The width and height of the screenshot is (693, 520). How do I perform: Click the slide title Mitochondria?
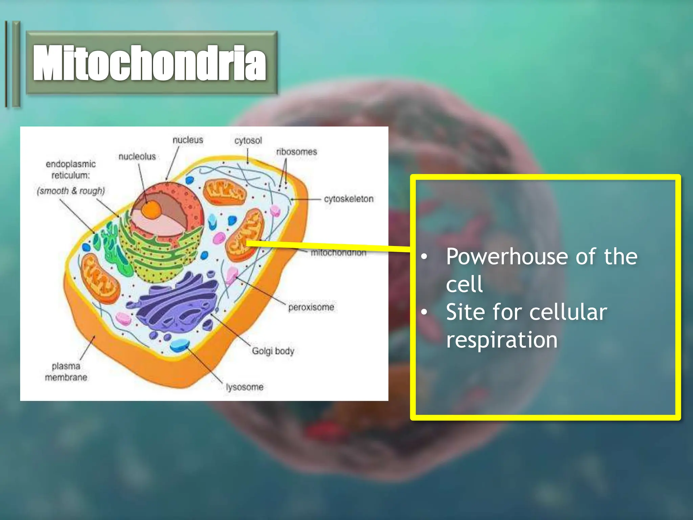click(150, 63)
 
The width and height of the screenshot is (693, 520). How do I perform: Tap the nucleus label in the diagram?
click(188, 140)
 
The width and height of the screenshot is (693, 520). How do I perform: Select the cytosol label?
click(248, 140)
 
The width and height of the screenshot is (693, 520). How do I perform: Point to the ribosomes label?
click(296, 152)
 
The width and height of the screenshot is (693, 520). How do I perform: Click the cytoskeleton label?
click(349, 199)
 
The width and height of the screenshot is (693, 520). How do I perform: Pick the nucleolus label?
click(137, 156)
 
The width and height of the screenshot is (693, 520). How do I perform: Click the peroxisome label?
click(311, 307)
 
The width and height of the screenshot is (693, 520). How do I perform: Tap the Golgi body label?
click(273, 351)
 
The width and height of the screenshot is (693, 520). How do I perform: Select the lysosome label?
click(245, 387)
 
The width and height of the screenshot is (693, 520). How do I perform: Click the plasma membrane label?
click(66, 371)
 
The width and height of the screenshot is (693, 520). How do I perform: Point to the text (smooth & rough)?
click(71, 191)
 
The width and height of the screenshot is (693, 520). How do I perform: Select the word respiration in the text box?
click(501, 340)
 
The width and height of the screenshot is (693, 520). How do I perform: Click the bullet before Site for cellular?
click(424, 312)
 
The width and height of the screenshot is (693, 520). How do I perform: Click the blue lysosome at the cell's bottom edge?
click(179, 346)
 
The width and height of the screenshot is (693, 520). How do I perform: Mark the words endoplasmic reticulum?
click(71, 170)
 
